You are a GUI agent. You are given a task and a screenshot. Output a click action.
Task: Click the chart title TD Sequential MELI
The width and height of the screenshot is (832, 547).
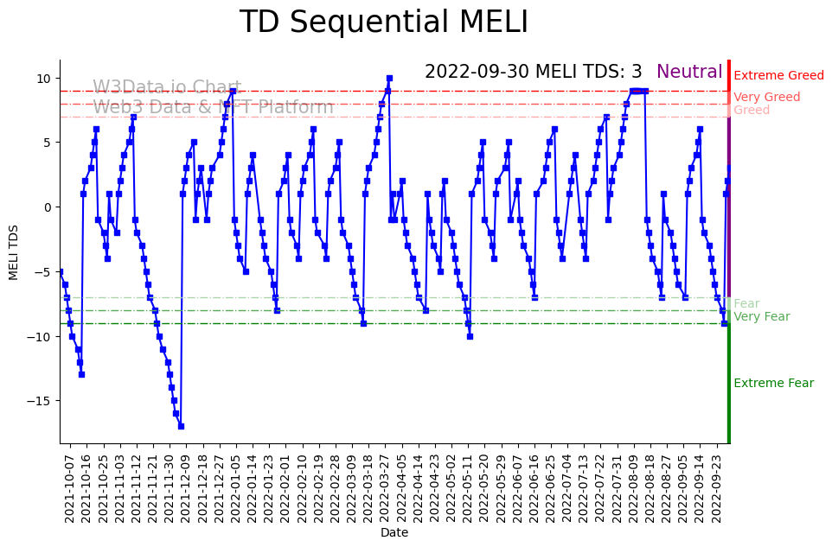(383, 22)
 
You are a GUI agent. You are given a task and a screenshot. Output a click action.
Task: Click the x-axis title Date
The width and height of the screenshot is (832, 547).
(394, 533)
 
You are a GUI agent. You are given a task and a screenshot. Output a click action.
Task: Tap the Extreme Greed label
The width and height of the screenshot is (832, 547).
(778, 76)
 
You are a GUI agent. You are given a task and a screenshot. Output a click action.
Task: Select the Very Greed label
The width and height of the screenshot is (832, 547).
(766, 98)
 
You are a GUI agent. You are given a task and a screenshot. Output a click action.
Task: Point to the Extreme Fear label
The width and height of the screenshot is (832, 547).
(773, 384)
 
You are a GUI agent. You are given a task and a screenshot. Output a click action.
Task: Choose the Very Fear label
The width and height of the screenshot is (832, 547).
(761, 317)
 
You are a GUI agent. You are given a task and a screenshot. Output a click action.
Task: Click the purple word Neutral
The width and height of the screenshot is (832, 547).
(689, 73)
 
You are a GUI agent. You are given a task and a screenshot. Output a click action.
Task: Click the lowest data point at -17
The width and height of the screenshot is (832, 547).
(181, 426)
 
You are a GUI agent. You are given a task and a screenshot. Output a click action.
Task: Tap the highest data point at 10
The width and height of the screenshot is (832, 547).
(389, 78)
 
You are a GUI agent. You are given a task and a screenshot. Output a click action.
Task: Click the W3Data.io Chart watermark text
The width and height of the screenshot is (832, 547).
(167, 88)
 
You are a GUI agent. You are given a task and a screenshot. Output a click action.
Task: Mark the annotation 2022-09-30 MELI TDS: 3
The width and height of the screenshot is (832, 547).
(533, 73)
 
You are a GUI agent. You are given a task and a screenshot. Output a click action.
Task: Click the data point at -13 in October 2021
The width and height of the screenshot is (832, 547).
(81, 374)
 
